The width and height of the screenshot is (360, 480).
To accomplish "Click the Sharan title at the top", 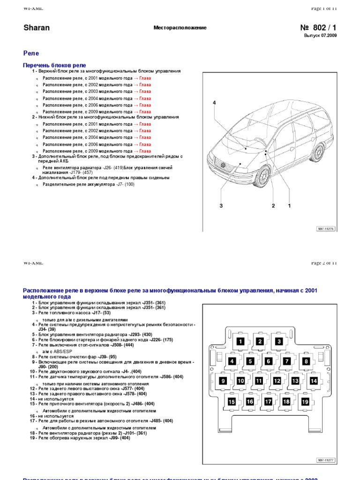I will (37, 28).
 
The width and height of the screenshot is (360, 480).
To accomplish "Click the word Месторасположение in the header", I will (180, 28).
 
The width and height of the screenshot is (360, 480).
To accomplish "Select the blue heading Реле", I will (31, 53).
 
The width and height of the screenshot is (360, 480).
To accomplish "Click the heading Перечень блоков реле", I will (54, 65).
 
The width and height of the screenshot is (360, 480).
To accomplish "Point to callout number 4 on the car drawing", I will (214, 103).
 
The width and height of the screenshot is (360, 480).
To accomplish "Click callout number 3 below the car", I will (221, 206).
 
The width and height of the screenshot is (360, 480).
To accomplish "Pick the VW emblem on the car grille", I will (224, 165).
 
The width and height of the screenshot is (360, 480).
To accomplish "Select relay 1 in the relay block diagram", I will (240, 342).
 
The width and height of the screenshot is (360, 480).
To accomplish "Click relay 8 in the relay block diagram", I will (306, 361).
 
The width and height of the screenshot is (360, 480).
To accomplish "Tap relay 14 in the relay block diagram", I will (314, 381).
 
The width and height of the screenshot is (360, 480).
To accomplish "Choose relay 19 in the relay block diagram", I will (305, 402).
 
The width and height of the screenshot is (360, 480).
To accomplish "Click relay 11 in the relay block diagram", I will (259, 381).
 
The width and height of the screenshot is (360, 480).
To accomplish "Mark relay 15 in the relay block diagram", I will (232, 402).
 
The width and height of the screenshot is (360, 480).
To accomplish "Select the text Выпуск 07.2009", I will (320, 36).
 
